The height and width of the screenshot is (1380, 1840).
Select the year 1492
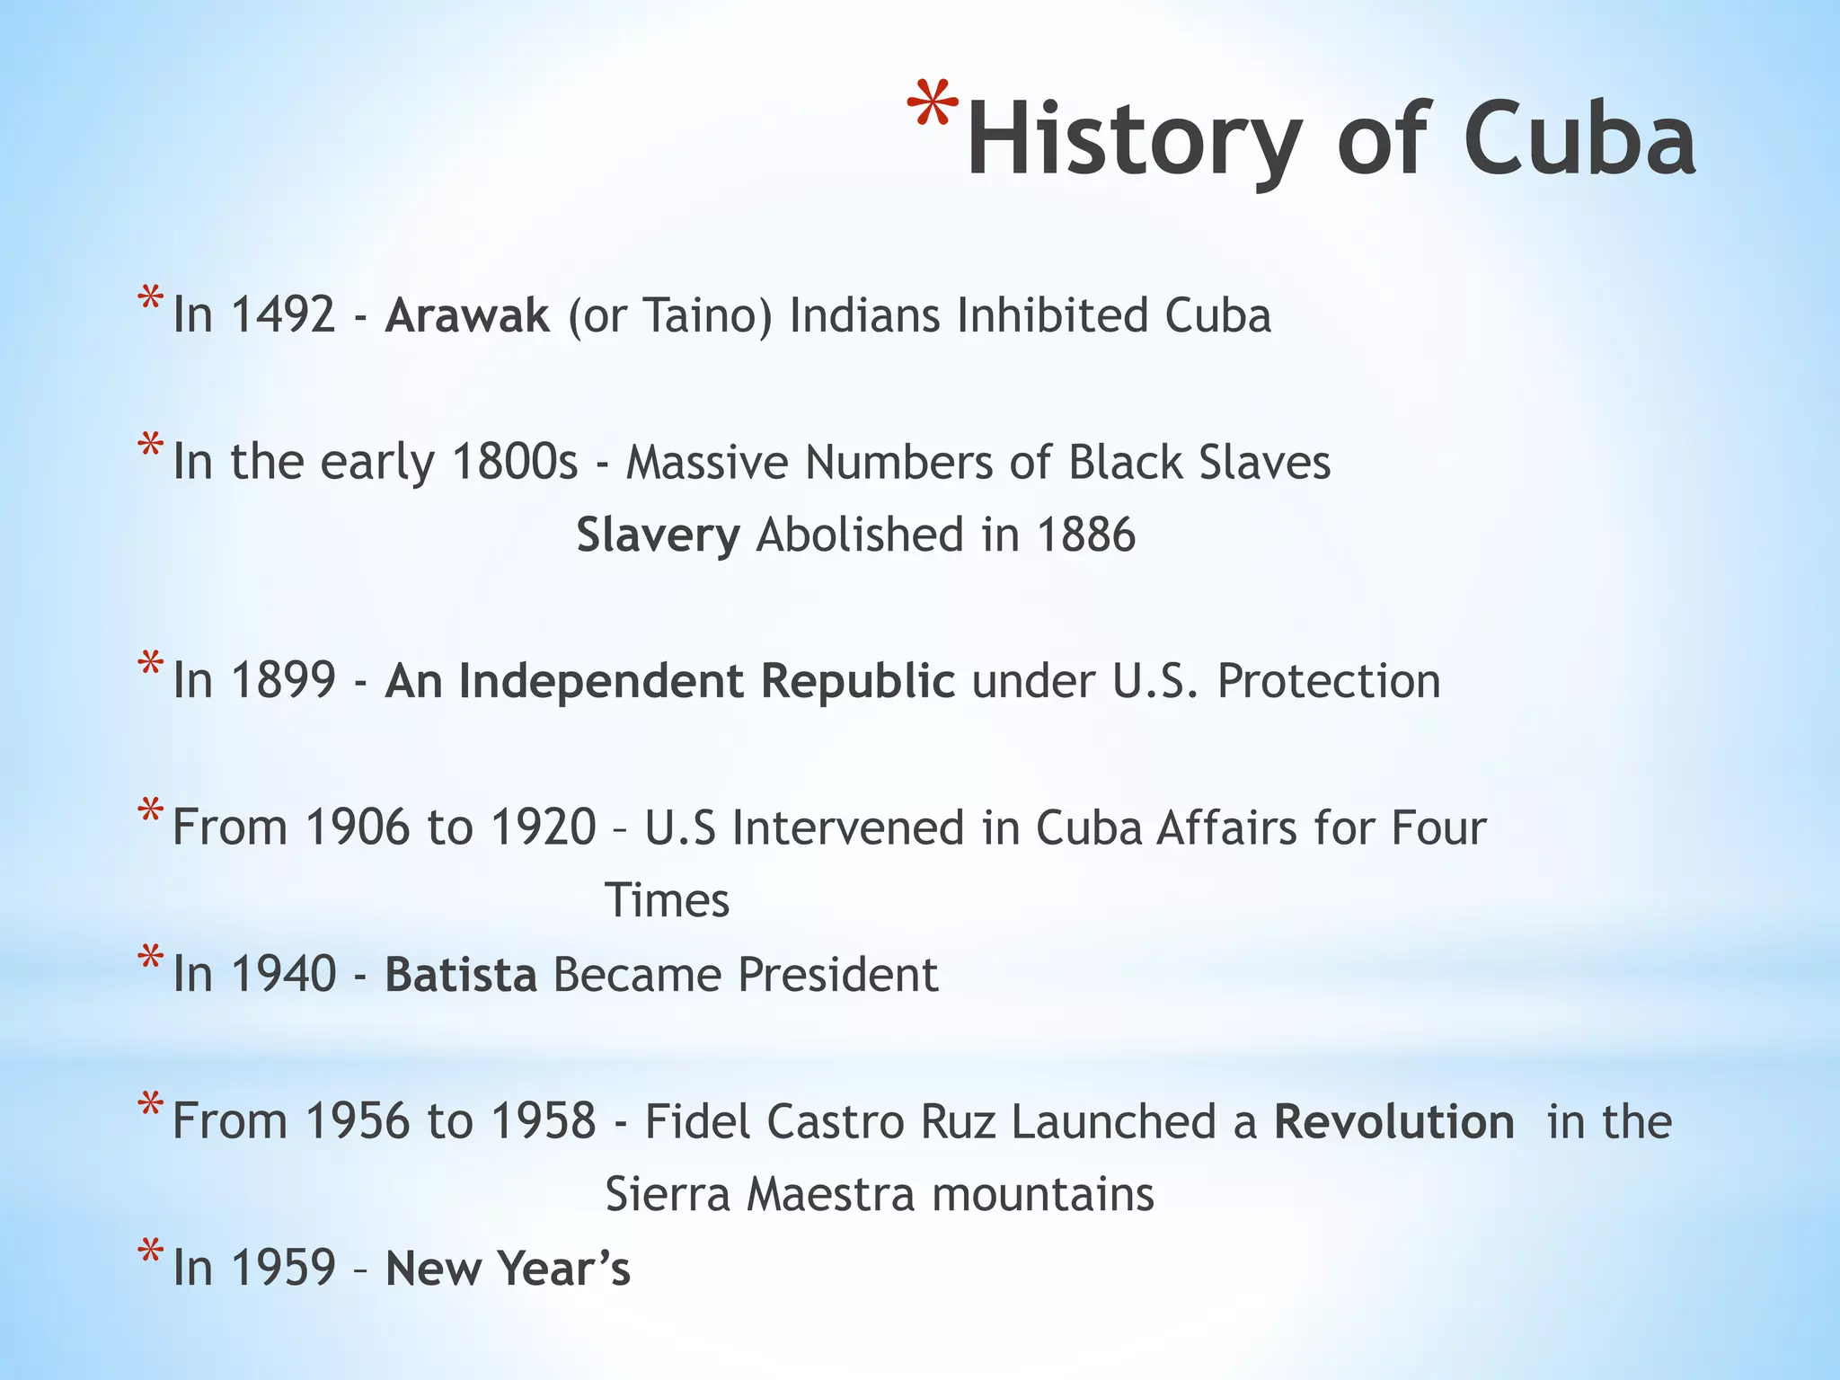coord(283,315)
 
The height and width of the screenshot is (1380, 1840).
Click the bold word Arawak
coord(466,315)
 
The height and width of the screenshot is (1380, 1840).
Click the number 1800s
coord(515,462)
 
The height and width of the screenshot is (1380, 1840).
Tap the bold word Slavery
coord(658,535)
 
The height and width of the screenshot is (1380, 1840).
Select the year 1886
coord(1086,535)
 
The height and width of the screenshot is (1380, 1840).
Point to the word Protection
coord(1329,681)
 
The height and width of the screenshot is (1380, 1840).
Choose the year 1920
coord(544,827)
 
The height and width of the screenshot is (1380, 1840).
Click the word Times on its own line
coord(667,900)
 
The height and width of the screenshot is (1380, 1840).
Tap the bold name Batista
coord(461,975)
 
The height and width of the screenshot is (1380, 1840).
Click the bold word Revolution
coord(1393,1121)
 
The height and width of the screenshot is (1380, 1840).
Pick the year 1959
coord(283,1268)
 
